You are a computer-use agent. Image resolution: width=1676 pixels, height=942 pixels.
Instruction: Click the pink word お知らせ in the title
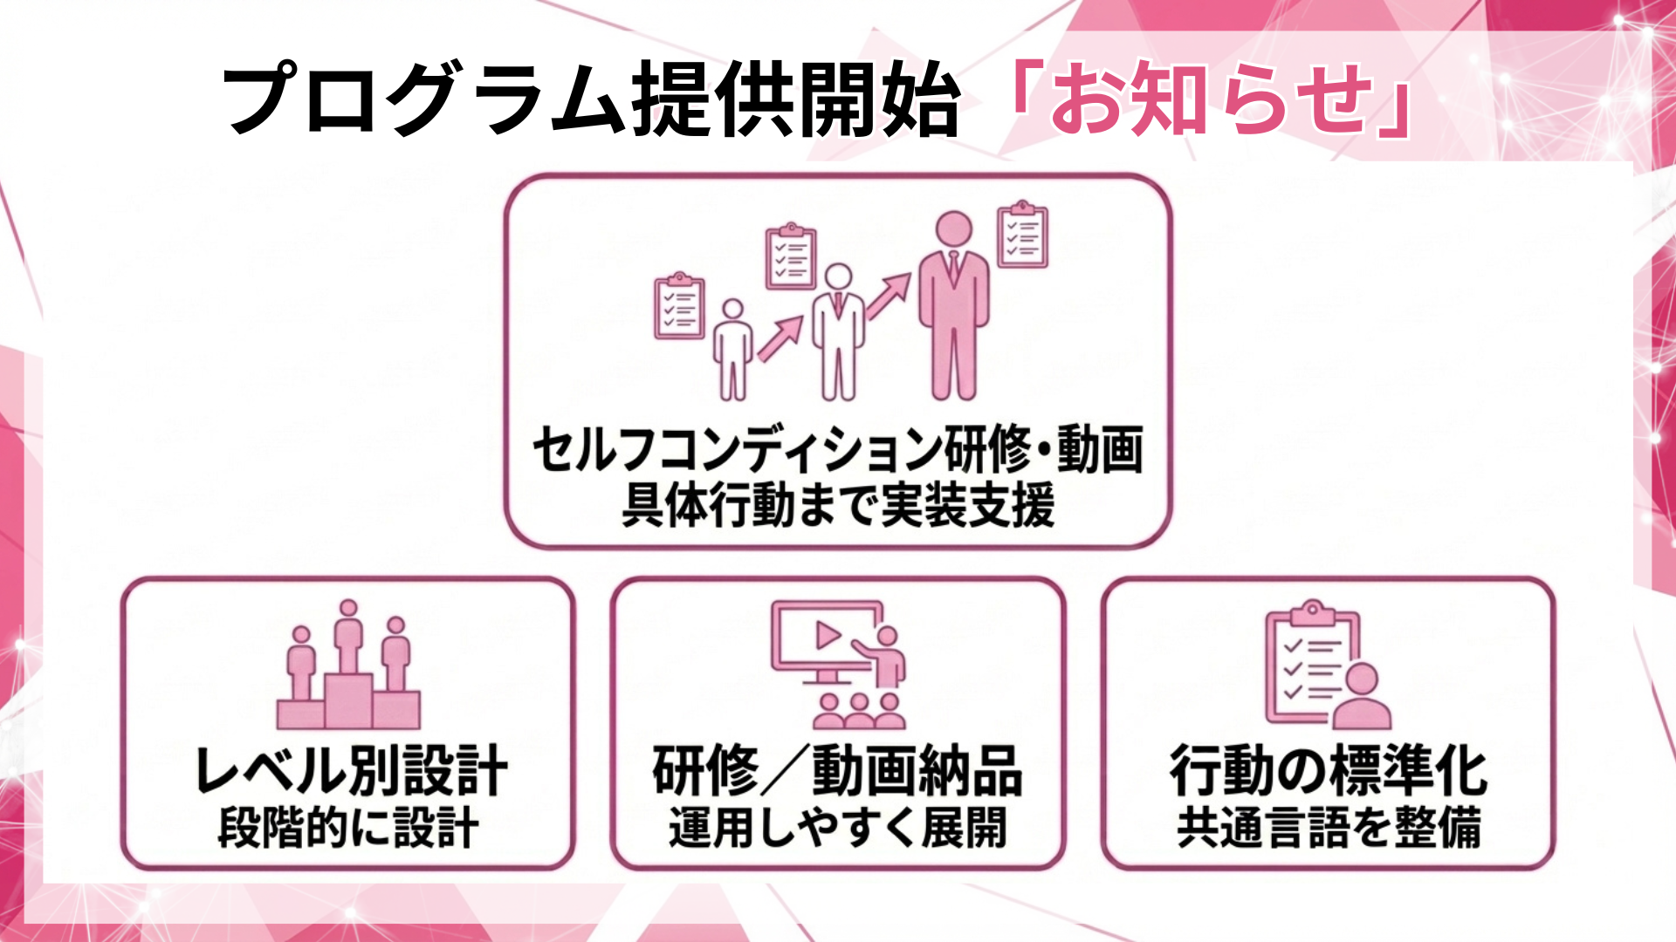pos(1209,100)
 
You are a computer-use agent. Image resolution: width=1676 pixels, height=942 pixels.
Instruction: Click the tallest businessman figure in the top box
pos(953,305)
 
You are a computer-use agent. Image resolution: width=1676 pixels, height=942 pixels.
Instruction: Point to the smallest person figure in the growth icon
pos(732,349)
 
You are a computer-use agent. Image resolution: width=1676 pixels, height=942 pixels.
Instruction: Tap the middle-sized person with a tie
pos(838,331)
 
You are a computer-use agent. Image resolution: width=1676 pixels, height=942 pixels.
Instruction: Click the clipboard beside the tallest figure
pos(1022,235)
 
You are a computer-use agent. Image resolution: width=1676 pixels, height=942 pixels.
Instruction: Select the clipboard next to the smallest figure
pos(679,306)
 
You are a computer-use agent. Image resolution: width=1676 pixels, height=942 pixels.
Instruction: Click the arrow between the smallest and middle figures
pos(780,338)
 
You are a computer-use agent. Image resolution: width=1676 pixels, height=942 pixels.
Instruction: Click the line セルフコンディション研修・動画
pos(837,450)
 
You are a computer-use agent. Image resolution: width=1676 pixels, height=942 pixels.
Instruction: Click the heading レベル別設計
pos(350,771)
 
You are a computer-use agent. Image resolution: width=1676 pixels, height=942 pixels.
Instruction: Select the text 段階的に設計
pos(348,827)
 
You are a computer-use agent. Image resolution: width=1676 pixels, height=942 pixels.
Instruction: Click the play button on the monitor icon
pos(827,635)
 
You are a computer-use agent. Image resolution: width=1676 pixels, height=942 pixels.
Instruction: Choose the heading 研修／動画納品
pos(837,771)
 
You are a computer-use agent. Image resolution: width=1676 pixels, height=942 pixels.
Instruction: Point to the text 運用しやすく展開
pos(837,827)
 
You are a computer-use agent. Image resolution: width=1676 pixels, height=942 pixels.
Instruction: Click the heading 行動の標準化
pos(1328,771)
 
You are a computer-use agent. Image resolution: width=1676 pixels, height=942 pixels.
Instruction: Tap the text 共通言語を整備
pos(1328,827)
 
